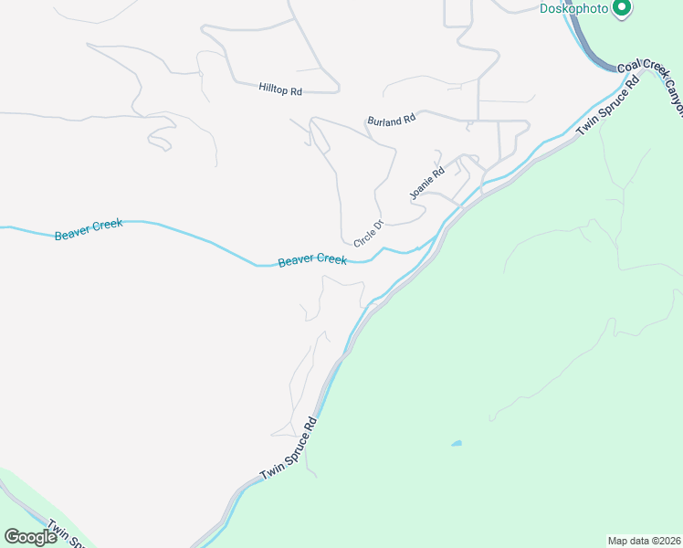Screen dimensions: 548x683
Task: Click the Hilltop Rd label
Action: coord(280,89)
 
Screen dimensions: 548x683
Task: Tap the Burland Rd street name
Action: coord(391,120)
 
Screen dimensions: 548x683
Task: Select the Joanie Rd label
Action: coord(426,183)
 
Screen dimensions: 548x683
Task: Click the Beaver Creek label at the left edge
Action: coord(89,229)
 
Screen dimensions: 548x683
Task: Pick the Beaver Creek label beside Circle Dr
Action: coord(312,260)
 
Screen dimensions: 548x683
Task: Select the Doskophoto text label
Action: coord(574,8)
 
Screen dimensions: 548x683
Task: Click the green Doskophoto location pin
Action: coord(623,8)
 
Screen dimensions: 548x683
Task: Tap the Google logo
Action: coord(30,536)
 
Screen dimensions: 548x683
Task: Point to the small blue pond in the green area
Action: coord(456,444)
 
